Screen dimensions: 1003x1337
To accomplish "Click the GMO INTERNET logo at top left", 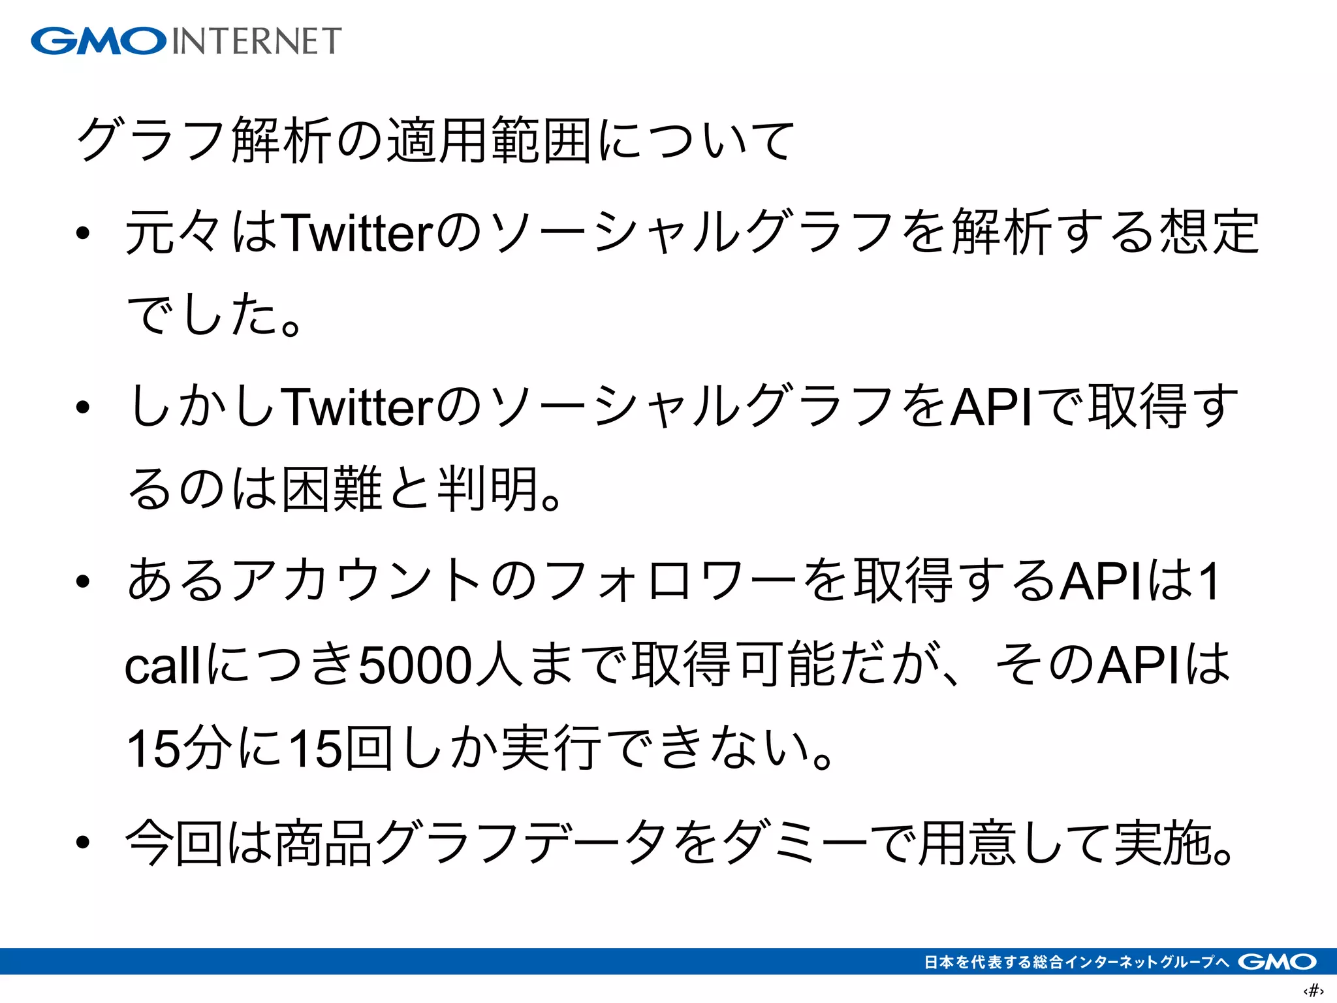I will coord(186,40).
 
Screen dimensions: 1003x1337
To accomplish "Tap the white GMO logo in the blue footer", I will coord(1276,962).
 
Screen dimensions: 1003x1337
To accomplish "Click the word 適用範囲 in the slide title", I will coord(490,140).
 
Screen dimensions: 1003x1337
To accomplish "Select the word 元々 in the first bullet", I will coord(175,232).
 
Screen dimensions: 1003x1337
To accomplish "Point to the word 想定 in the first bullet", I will coord(1209,232).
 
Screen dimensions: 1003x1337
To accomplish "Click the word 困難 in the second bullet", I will coord(332,488).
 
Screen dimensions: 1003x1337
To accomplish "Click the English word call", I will coord(163,666).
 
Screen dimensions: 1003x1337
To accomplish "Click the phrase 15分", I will coord(180,748).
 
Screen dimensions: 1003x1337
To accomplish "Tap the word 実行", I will coord(552,748).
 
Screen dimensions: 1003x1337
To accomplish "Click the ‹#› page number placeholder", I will coord(1313,990).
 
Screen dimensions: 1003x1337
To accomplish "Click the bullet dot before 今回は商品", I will coord(82,842).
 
